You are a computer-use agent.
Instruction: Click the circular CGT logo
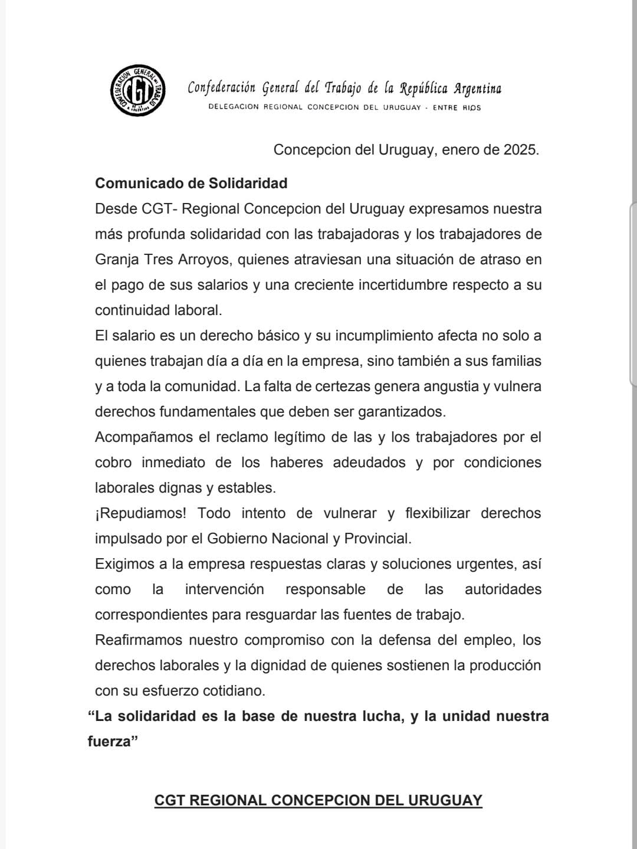(137, 90)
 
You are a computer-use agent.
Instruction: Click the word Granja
(117, 260)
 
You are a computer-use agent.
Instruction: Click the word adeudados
(369, 463)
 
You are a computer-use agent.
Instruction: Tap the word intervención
(224, 589)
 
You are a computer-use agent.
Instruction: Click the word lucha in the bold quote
(383, 716)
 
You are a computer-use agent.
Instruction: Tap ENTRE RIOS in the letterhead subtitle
(457, 108)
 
